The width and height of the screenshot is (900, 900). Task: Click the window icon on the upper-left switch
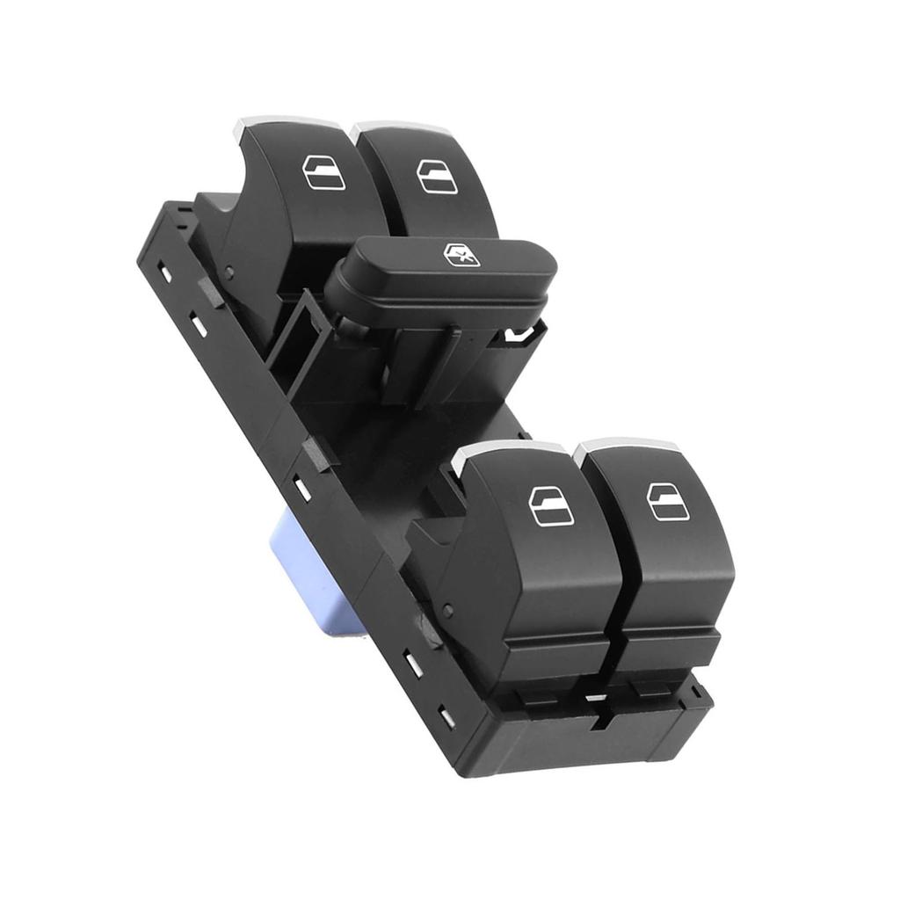click(x=323, y=173)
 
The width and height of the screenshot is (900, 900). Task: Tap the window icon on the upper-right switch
click(x=437, y=177)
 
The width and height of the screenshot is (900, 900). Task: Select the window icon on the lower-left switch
click(x=551, y=505)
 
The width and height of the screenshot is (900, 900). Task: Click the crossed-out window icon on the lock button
click(x=461, y=255)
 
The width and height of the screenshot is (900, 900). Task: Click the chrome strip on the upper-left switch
click(x=272, y=122)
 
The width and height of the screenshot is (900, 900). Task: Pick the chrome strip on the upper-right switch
click(x=396, y=128)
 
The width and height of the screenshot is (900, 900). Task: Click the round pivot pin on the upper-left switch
click(x=228, y=272)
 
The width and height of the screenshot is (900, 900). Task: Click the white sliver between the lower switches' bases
click(x=596, y=698)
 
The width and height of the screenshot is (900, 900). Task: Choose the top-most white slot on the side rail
click(x=165, y=272)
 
